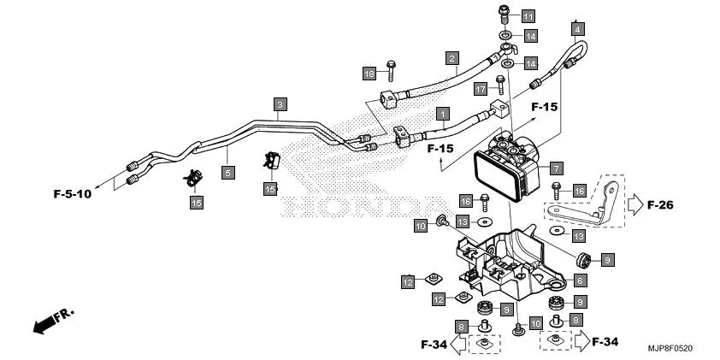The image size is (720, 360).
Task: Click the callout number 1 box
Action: (443, 113)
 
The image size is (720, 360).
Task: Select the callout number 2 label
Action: (450, 58)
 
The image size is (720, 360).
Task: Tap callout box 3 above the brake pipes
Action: (280, 104)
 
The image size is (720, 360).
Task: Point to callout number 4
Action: (579, 28)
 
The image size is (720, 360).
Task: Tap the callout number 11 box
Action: (528, 16)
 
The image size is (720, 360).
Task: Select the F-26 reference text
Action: (662, 205)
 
